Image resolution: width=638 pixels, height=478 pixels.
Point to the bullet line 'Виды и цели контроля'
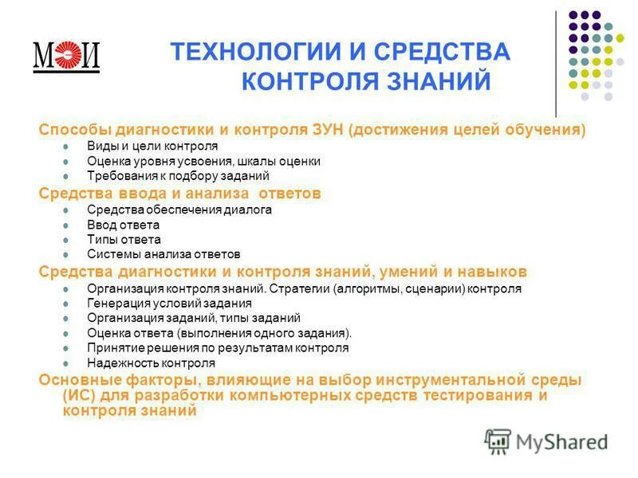[152, 147]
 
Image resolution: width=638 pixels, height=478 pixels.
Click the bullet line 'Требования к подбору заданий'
[178, 175]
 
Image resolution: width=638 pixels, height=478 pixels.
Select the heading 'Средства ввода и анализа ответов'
[180, 193]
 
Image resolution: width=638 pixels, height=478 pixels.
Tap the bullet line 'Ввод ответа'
[124, 225]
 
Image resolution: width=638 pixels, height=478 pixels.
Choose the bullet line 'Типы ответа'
[124, 239]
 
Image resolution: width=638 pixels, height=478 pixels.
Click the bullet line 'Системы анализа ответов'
[163, 254]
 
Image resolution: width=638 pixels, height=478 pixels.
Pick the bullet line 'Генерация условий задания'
[169, 303]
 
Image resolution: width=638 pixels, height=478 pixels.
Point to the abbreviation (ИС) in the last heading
[77, 396]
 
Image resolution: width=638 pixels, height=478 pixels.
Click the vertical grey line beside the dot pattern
[556, 64]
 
